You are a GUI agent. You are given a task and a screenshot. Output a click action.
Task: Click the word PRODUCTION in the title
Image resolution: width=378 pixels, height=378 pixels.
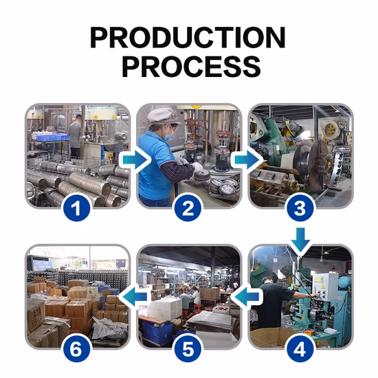[188, 38]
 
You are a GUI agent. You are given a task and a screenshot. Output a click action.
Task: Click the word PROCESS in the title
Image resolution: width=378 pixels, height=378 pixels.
[192, 67]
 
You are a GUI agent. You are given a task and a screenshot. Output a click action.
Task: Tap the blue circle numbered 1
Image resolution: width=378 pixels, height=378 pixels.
[76, 208]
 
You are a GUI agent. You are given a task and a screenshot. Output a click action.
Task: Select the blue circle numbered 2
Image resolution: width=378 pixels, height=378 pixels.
[188, 208]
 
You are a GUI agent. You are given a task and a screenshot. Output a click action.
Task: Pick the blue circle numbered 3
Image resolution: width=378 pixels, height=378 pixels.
[300, 208]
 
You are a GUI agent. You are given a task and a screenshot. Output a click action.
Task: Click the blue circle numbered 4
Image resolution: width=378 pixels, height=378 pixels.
[300, 348]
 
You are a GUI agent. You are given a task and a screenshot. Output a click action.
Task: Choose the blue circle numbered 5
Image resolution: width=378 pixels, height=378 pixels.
[188, 348]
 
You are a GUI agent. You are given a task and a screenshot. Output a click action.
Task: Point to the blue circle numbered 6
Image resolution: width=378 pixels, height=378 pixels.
[76, 348]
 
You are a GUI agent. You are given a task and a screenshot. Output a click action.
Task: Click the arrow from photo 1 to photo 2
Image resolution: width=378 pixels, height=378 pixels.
[135, 159]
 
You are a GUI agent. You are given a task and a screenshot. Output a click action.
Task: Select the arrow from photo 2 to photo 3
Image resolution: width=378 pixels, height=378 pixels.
[246, 159]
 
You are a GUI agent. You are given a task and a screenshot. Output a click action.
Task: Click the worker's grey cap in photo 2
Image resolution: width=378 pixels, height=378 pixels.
[163, 116]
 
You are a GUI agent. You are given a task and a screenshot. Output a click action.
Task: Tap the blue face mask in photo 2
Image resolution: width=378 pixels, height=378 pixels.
[169, 135]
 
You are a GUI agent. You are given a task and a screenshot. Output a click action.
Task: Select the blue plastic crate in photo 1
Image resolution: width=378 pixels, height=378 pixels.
[51, 137]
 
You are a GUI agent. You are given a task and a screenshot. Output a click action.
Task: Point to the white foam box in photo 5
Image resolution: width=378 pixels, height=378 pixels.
[165, 309]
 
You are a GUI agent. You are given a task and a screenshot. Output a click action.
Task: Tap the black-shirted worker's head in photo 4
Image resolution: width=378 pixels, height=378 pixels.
[266, 280]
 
